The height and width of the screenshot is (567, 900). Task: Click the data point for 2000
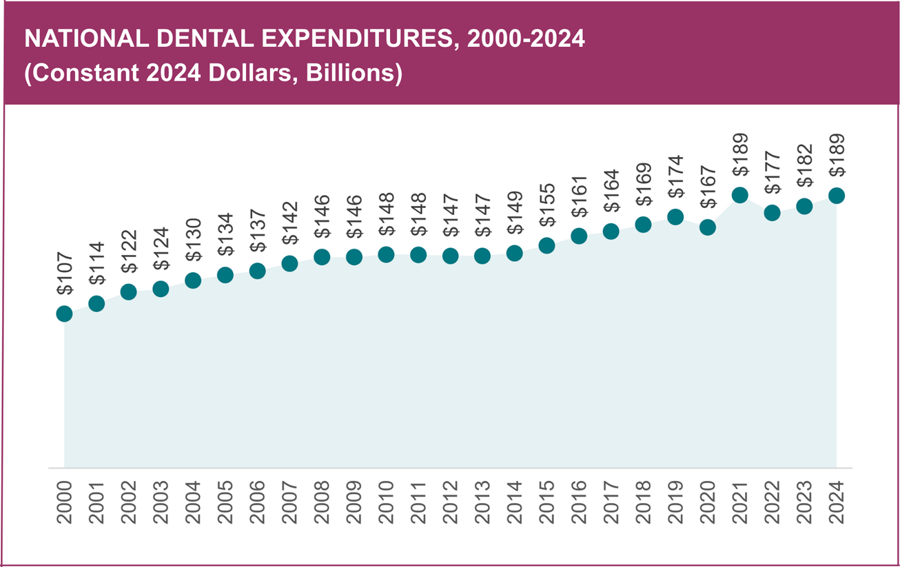[x=64, y=313]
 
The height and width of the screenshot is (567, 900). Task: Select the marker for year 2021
[x=740, y=195]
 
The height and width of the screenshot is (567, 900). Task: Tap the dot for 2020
[x=708, y=227]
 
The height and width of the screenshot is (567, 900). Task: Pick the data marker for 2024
[x=837, y=196]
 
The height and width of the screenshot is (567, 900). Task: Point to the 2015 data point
[x=546, y=245]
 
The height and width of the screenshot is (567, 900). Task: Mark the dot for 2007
[x=289, y=263]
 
